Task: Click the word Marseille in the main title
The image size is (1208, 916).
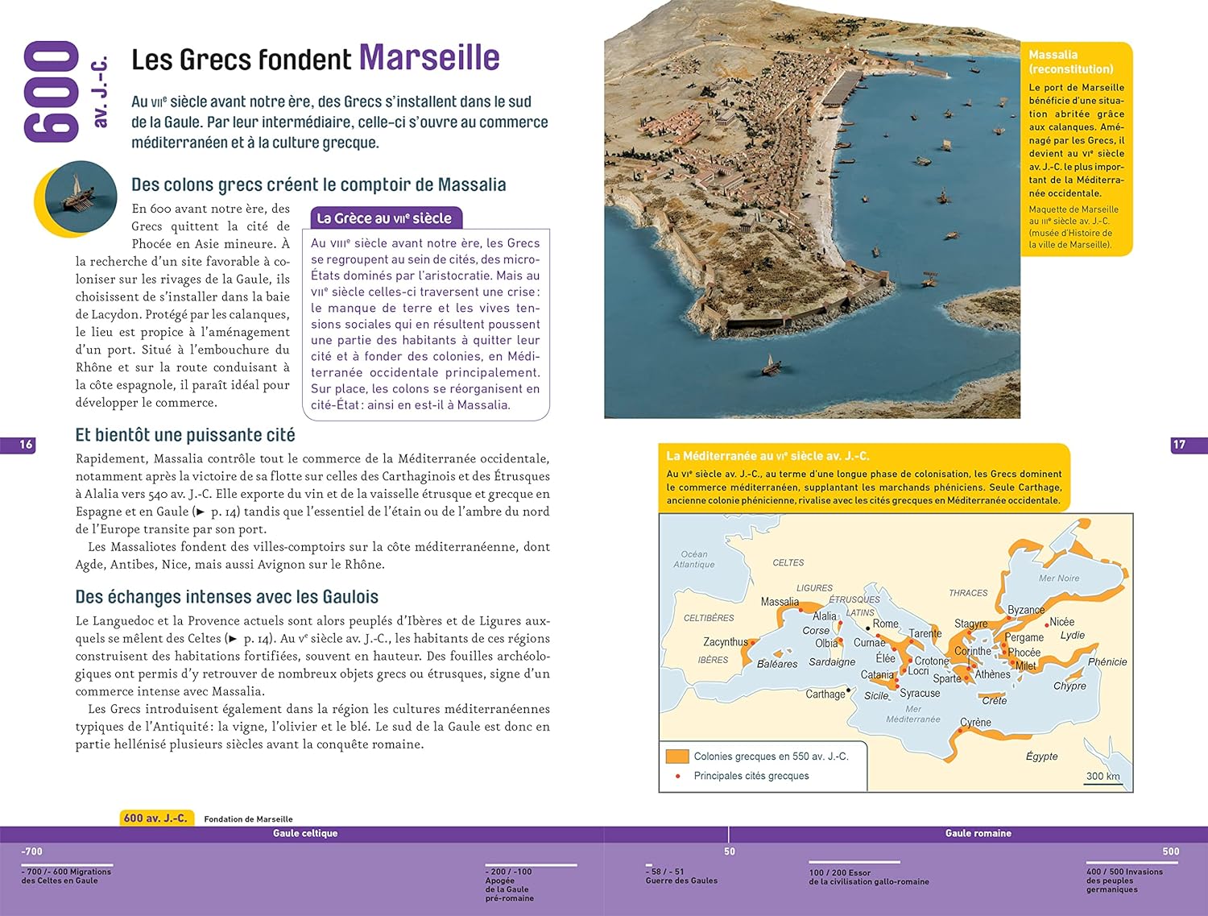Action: pos(428,58)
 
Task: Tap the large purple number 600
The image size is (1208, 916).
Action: pos(52,92)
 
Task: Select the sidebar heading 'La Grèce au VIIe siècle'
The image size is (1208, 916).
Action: pos(384,218)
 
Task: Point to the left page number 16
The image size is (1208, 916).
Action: pos(26,445)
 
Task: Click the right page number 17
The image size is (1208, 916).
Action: pos(1179,445)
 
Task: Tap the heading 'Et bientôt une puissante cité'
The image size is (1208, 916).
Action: pos(185,435)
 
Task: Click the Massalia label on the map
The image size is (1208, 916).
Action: pos(780,602)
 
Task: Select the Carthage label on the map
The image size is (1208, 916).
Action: pos(825,694)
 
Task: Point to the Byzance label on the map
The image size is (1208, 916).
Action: pos(1026,610)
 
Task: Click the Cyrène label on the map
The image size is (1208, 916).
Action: pos(975,723)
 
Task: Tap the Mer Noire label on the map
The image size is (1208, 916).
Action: pos(1059,578)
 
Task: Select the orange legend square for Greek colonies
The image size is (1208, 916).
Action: pos(677,756)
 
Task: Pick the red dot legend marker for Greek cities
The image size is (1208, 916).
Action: pos(678,776)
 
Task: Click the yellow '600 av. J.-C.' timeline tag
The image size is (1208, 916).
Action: pos(155,819)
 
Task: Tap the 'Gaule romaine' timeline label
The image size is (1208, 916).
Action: pos(978,834)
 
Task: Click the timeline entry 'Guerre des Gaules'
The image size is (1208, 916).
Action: pos(681,881)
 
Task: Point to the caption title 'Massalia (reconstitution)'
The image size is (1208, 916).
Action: pos(1070,62)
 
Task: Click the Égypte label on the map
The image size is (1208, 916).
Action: pos(1041,756)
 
